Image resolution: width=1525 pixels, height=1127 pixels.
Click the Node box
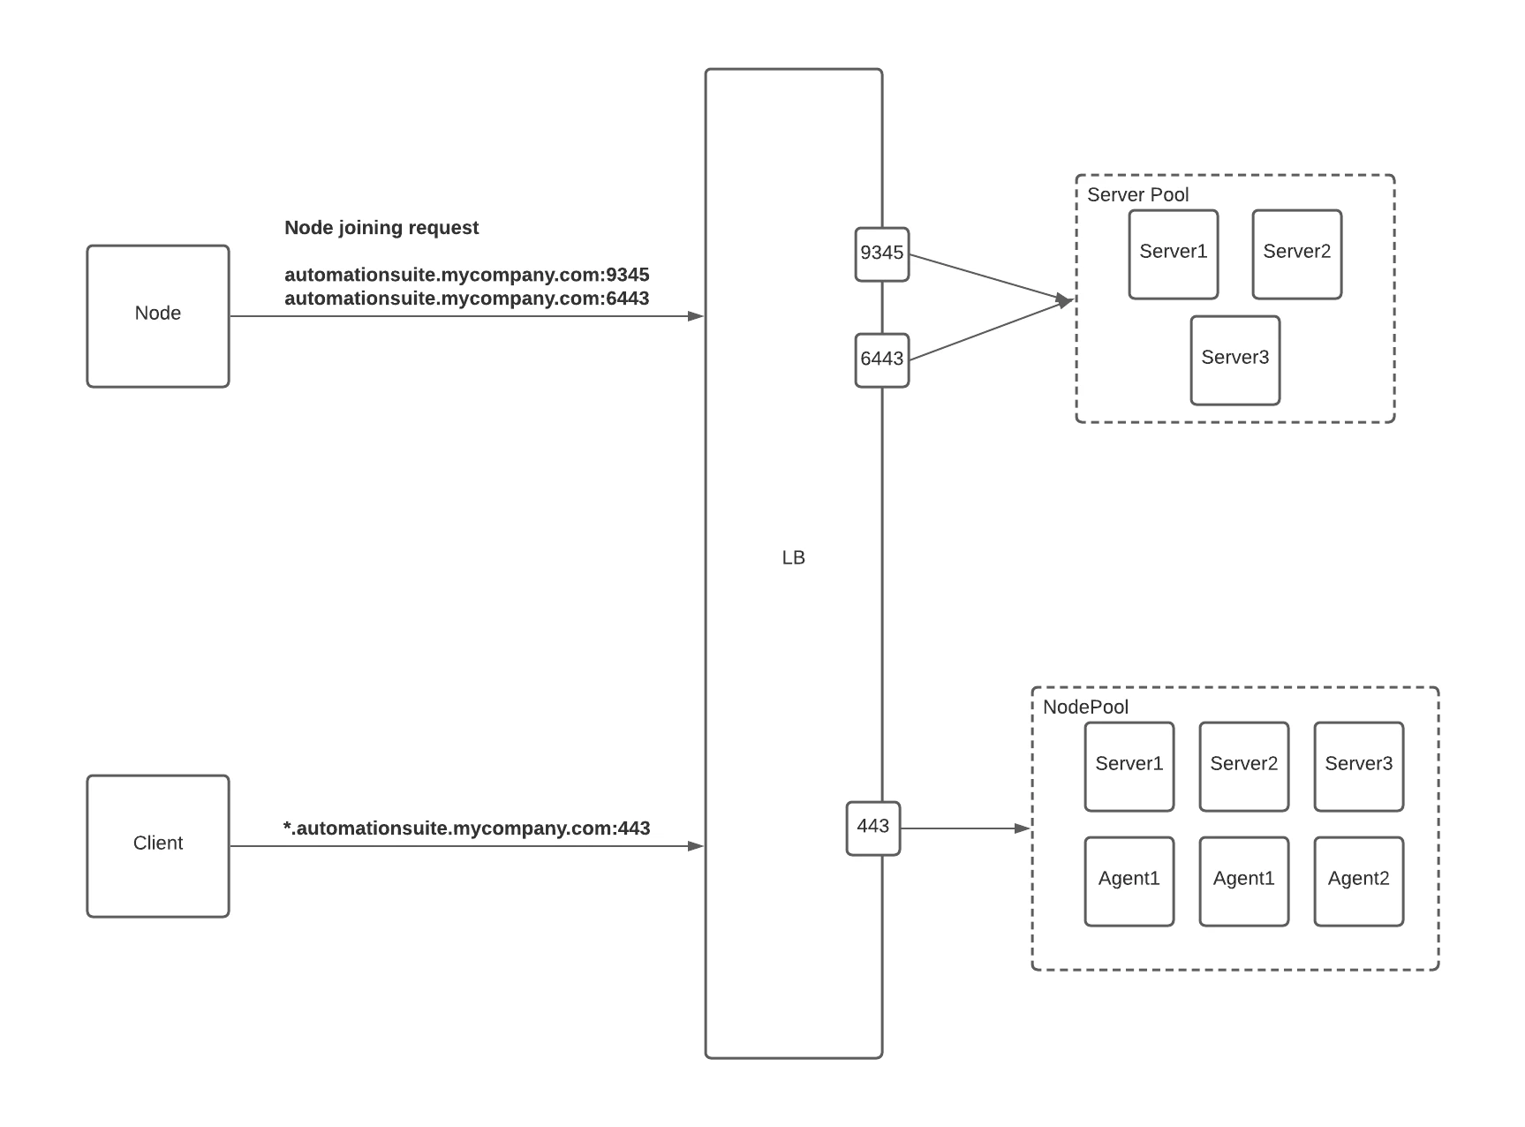pos(158,316)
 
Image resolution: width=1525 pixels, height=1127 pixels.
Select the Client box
pos(158,846)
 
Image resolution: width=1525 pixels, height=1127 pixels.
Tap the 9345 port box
pos(882,254)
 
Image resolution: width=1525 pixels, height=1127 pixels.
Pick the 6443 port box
pos(882,360)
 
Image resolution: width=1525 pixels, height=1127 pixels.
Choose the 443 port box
pos(873,828)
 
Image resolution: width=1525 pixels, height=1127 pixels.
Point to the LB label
pos(794,557)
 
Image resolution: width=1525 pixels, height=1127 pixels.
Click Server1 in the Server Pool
pos(1174,254)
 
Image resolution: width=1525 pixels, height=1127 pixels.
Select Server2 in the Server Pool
pos(1297,254)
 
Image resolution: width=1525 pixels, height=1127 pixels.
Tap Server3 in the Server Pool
pos(1235,360)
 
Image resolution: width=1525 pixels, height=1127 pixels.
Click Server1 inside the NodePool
pos(1129,767)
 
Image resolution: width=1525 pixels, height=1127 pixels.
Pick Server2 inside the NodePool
pos(1244,767)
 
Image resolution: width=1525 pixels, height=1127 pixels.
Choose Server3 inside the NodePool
pos(1359,767)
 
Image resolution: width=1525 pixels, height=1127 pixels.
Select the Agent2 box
pos(1359,881)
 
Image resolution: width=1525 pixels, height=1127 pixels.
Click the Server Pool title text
pos(1138,194)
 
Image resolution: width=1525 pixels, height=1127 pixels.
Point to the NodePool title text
pos(1086,707)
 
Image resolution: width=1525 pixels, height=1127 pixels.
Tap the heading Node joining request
pos(381,228)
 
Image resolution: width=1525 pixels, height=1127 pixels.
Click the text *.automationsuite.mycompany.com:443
pos(466,828)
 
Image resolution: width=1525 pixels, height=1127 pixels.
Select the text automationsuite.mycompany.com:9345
pos(467,275)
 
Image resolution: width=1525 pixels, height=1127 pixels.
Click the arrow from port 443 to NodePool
pos(966,828)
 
